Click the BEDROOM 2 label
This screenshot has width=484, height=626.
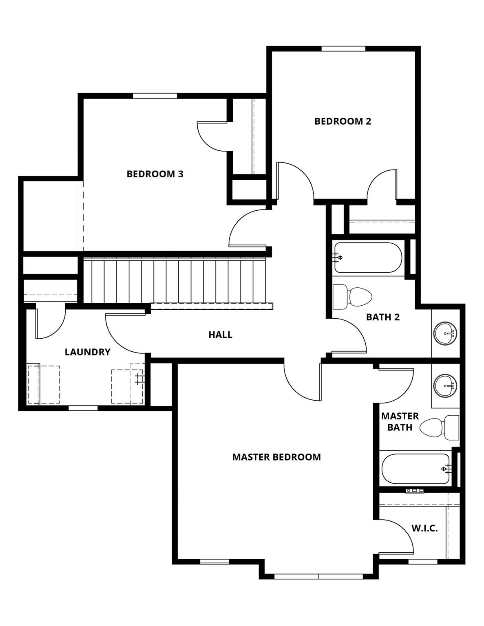pos(343,121)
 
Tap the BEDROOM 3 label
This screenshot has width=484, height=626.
pos(155,174)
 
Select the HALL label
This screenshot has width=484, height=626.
pos(220,335)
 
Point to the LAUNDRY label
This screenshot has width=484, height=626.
pos(88,352)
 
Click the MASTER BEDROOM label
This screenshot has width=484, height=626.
pos(276,457)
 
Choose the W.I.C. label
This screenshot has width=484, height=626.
pos(424,529)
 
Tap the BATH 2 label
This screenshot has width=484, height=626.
pos(382,317)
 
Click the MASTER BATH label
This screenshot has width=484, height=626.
pos(400,422)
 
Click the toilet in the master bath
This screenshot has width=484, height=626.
pos(440,428)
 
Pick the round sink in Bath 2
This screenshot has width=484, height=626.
pos(445,333)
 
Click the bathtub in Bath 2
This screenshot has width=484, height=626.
pos(368,258)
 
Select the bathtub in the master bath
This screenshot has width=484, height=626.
pos(415,469)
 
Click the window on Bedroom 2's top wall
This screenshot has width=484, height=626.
pos(343,48)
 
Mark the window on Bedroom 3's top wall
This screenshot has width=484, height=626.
pos(155,96)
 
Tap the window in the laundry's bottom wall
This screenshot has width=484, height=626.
pos(83,408)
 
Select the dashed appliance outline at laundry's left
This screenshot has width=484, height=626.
pos(44,385)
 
